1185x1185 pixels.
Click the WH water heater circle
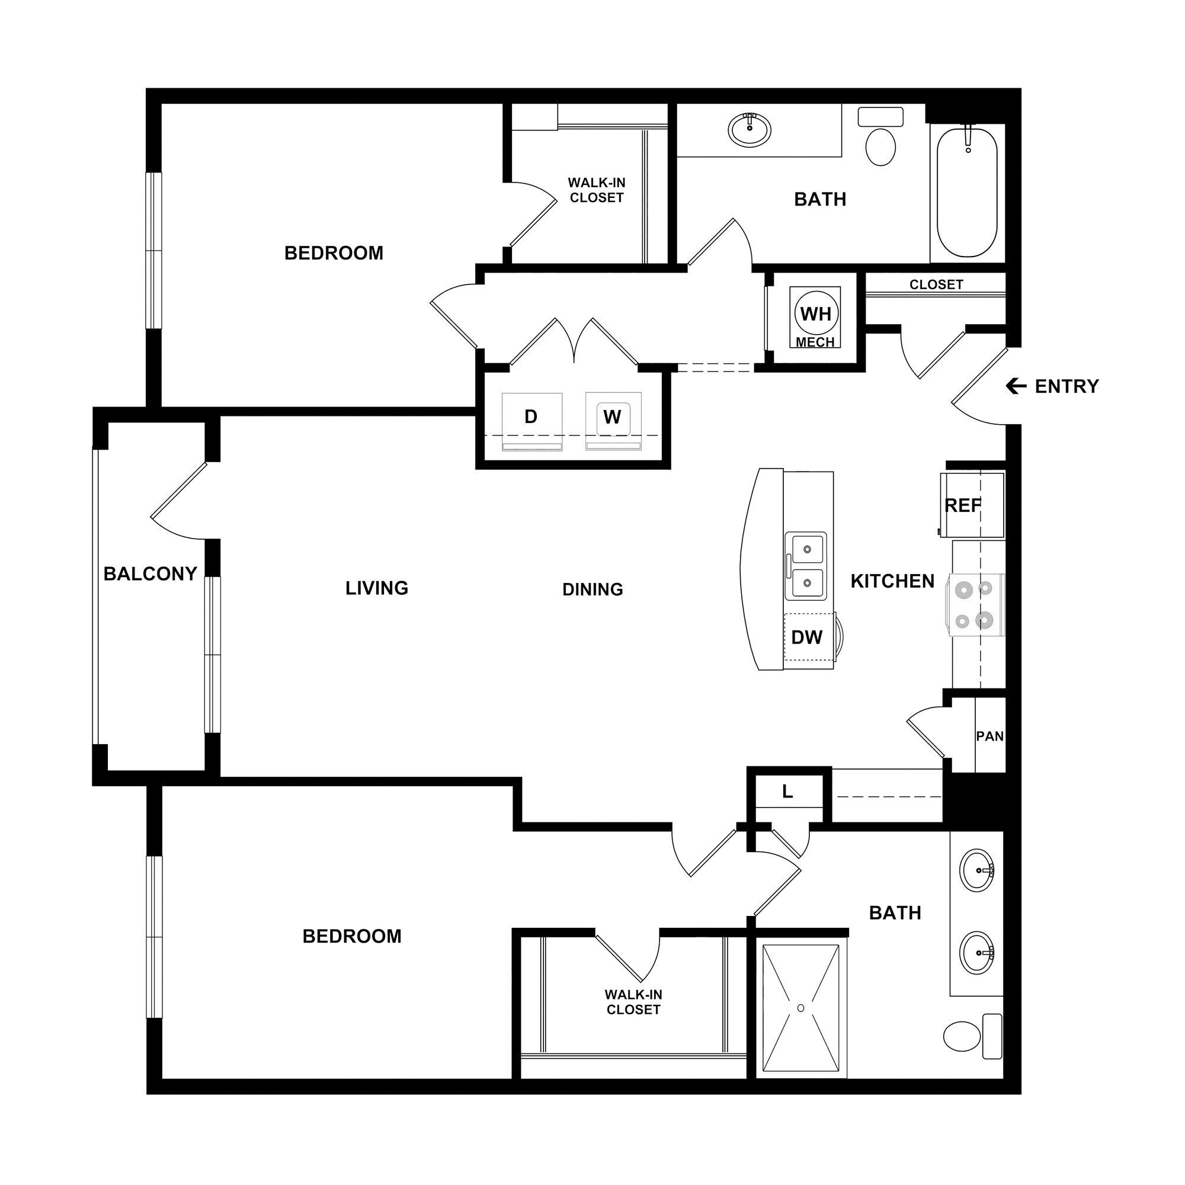click(816, 313)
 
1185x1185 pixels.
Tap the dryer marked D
click(531, 418)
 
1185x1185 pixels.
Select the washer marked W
click(612, 418)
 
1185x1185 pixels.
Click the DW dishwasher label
click(806, 638)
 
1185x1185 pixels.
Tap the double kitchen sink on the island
click(806, 565)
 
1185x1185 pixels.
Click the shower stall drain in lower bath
click(800, 1008)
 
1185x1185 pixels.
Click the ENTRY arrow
click(1016, 386)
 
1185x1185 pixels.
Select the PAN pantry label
click(989, 736)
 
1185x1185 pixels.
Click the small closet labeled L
click(788, 792)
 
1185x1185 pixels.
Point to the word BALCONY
click(150, 574)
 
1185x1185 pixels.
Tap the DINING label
click(592, 590)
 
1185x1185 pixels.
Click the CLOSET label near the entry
click(936, 284)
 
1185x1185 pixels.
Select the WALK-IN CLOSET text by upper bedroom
click(596, 190)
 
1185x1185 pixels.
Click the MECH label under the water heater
click(815, 342)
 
